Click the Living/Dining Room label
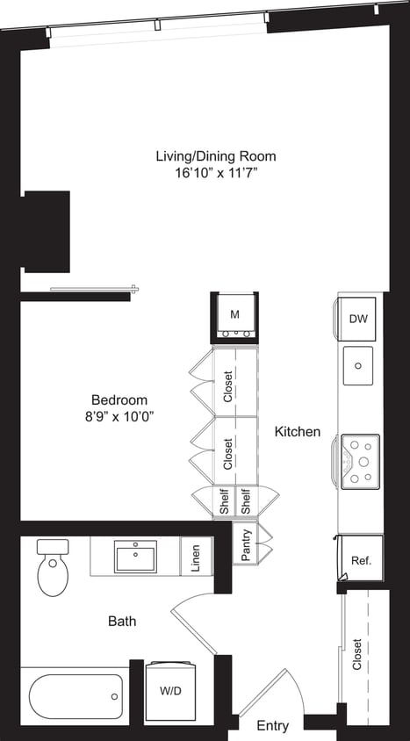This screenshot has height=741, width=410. [x=215, y=156]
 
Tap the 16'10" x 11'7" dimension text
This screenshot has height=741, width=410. [x=215, y=173]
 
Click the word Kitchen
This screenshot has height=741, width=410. [x=298, y=432]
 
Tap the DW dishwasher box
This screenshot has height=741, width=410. [x=357, y=319]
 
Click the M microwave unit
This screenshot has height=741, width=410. [x=234, y=313]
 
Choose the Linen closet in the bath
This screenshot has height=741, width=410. [x=195, y=557]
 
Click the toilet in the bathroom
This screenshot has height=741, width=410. [x=54, y=571]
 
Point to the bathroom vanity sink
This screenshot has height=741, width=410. [x=136, y=556]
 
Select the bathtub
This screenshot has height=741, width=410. [x=76, y=695]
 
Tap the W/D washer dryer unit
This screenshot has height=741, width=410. [x=171, y=691]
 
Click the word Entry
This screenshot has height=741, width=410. [x=272, y=726]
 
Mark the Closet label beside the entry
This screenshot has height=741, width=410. [x=356, y=654]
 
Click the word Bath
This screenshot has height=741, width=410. [x=122, y=622]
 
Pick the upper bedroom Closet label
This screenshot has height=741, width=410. [x=228, y=386]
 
